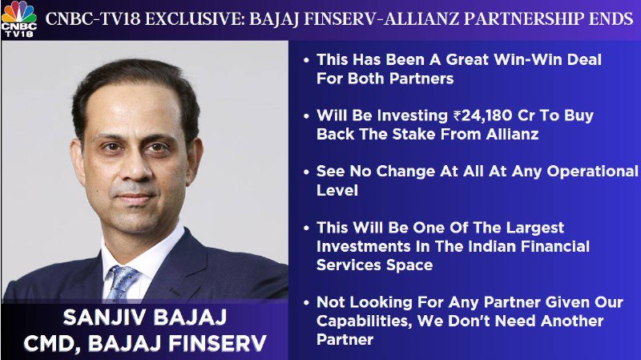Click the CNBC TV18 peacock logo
(x=18, y=19)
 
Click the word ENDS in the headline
(x=611, y=19)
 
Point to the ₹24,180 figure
(x=482, y=115)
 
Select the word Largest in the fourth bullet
(x=535, y=228)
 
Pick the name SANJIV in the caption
(x=102, y=318)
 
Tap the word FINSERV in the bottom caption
(x=217, y=344)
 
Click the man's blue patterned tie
(x=122, y=282)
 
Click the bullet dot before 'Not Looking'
(x=307, y=303)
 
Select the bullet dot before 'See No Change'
(x=307, y=172)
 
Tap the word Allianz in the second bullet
(x=512, y=135)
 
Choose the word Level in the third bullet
(x=337, y=191)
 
